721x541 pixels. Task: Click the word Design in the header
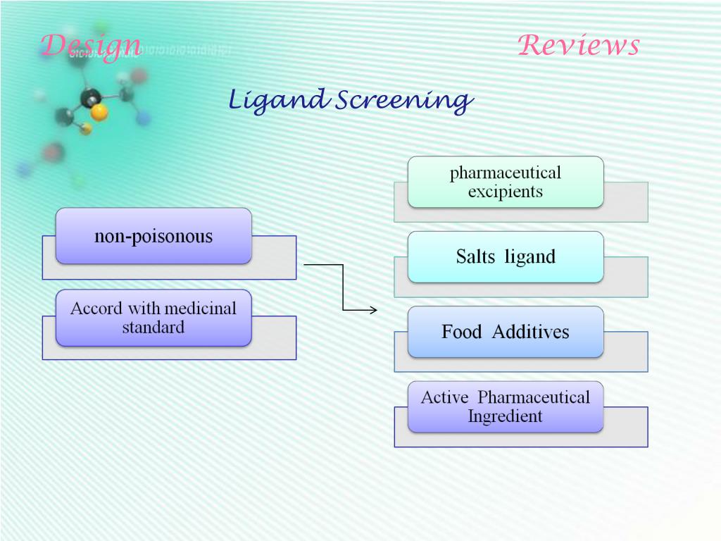click(90, 46)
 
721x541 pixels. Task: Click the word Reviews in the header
click(578, 46)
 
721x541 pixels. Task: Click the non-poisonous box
click(153, 236)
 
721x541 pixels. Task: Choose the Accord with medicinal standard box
click(153, 318)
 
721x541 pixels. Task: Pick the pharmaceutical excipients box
click(506, 182)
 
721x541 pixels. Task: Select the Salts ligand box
click(506, 257)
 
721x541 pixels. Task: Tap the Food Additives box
click(506, 332)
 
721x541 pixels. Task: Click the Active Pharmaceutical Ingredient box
click(506, 406)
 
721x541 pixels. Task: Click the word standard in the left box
click(153, 328)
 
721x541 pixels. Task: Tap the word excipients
click(506, 192)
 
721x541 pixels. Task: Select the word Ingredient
click(505, 416)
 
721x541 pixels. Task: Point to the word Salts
click(475, 257)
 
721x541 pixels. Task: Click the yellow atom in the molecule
click(99, 112)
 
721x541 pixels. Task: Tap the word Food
click(461, 332)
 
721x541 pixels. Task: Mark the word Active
click(444, 397)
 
